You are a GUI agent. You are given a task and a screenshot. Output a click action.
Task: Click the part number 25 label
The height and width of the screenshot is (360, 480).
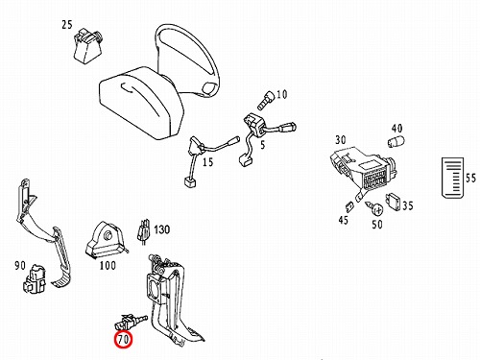click(67, 25)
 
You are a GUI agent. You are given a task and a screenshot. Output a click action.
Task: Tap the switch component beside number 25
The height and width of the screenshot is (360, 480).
click(87, 45)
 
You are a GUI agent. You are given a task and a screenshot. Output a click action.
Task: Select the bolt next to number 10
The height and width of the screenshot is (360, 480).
click(266, 100)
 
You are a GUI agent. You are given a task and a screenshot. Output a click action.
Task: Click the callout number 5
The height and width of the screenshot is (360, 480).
click(263, 145)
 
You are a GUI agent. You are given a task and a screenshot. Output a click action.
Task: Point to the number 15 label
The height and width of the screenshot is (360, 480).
click(207, 162)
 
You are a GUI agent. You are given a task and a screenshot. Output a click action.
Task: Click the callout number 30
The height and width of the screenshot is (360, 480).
click(341, 140)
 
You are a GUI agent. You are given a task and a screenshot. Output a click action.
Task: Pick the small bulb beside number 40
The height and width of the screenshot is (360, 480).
click(396, 141)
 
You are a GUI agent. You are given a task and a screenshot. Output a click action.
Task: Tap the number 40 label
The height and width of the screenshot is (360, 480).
click(396, 129)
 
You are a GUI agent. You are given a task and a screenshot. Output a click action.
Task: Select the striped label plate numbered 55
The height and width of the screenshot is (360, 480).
click(452, 178)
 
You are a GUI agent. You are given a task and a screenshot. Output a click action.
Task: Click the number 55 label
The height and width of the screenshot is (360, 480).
click(470, 178)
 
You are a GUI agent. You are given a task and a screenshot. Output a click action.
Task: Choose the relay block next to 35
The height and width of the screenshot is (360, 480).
click(394, 203)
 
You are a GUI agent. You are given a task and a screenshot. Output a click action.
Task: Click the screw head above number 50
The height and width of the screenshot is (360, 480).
click(378, 209)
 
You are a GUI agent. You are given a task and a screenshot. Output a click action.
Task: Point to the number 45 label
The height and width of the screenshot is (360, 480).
click(343, 220)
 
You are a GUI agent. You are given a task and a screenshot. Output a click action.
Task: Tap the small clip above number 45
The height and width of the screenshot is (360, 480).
click(349, 207)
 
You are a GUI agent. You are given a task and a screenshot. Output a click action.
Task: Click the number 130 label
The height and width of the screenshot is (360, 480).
click(162, 229)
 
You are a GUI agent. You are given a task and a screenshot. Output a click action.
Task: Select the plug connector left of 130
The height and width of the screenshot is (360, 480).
click(144, 231)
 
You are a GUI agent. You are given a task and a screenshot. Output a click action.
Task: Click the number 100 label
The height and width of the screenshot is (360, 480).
click(108, 265)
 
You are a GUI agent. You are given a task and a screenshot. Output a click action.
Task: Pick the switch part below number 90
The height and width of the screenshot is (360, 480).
click(35, 278)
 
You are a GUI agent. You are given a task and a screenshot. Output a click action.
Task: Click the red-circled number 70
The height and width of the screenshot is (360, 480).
click(124, 339)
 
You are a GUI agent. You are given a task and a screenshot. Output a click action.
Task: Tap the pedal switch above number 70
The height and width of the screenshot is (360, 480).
click(131, 322)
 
